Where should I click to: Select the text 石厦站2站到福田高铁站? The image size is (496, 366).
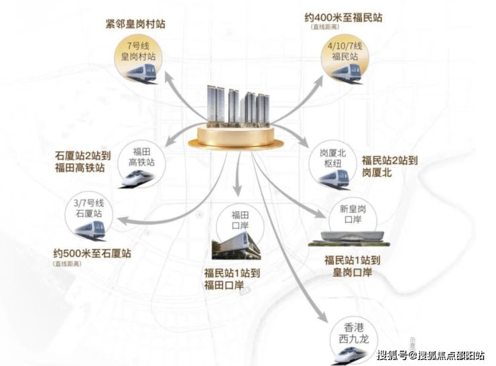point(85,162)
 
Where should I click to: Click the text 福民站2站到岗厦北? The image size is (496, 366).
point(389,166)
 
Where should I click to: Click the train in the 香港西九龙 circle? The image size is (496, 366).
point(353,347)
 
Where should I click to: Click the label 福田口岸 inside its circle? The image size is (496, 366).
point(239,221)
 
